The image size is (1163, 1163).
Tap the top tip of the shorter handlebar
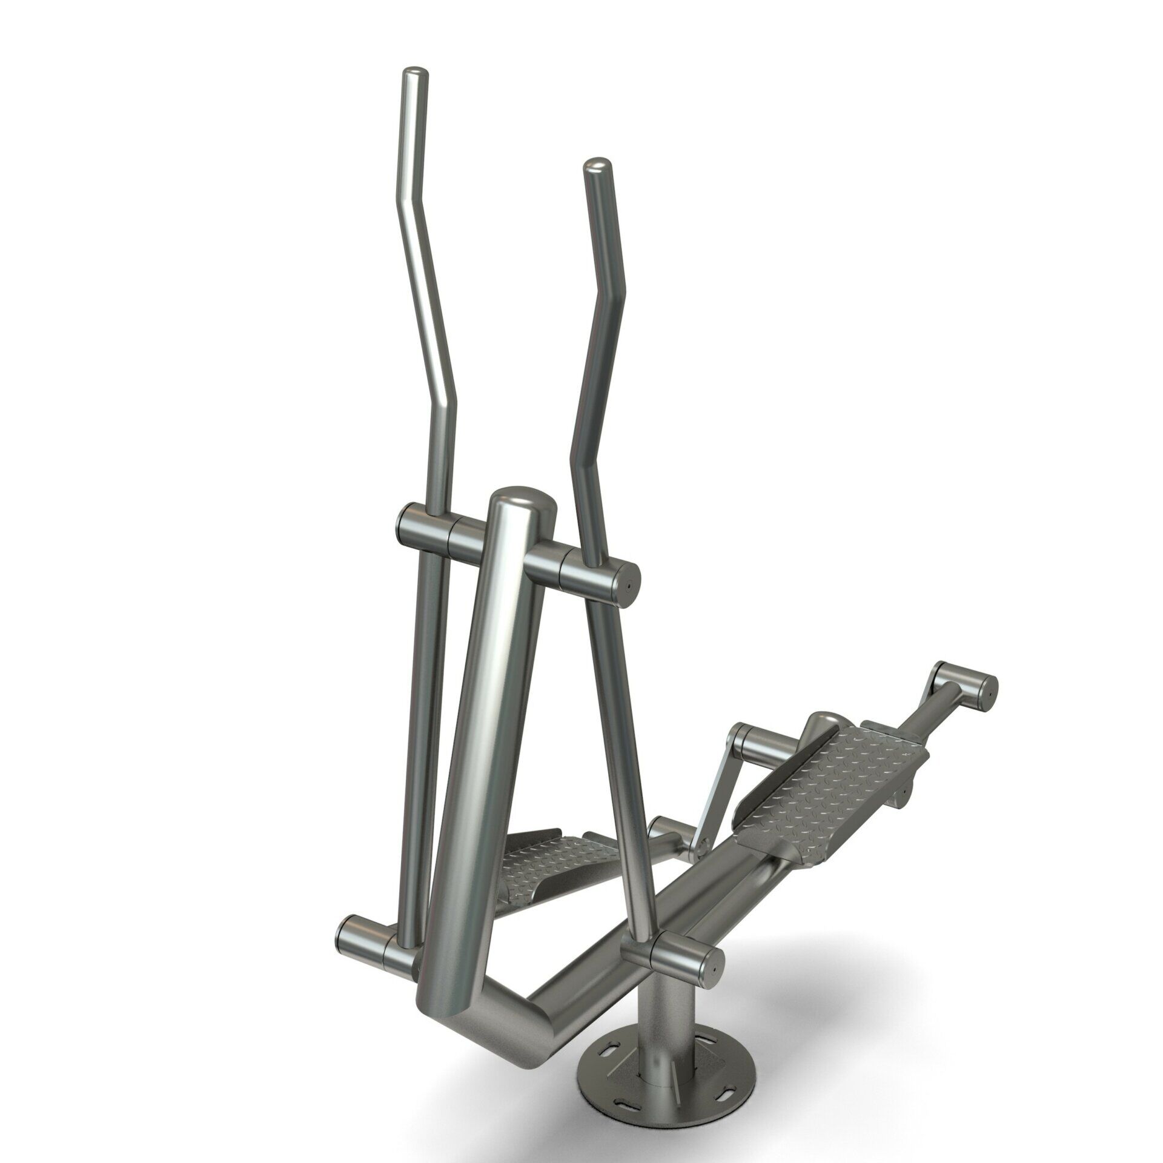(597, 167)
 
